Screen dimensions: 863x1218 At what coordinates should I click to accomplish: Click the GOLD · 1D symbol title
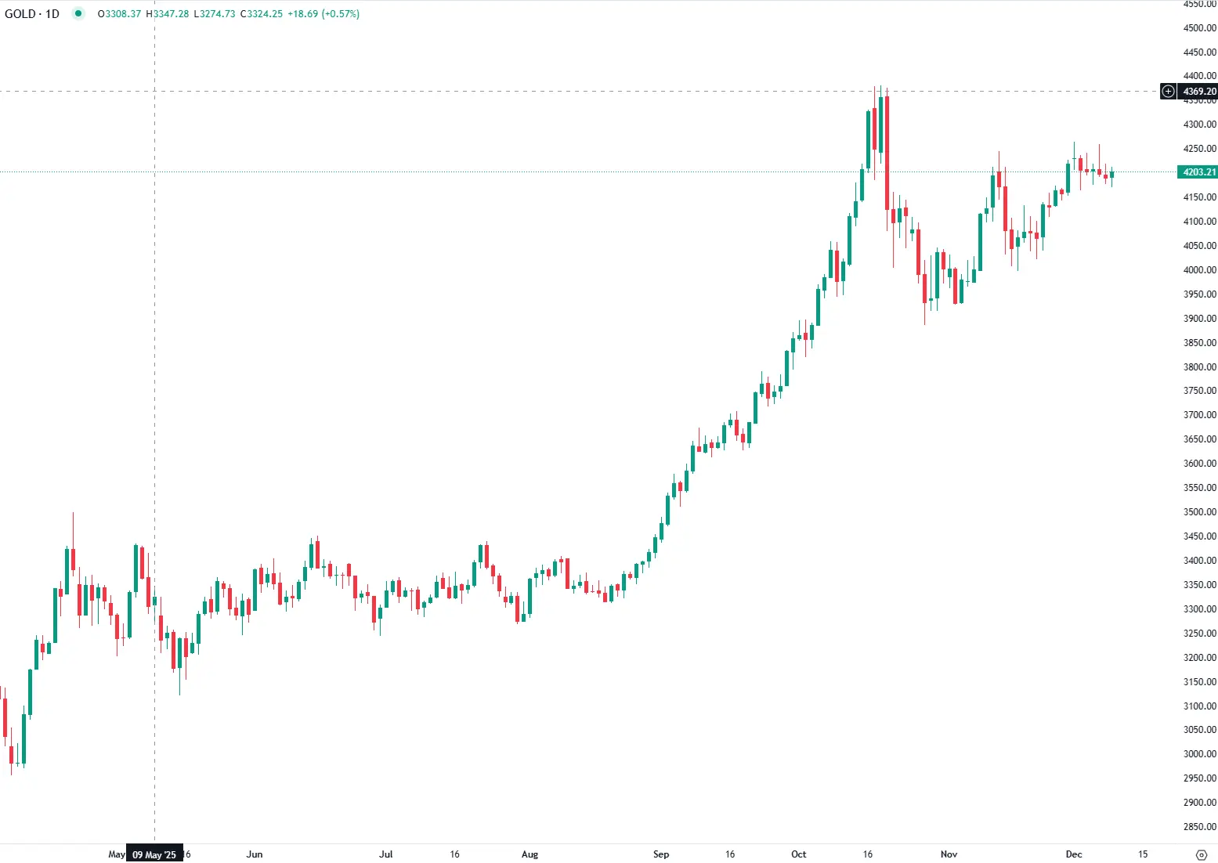click(x=32, y=14)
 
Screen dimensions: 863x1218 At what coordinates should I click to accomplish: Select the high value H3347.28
click(x=167, y=14)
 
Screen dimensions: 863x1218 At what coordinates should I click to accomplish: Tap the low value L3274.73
click(x=214, y=14)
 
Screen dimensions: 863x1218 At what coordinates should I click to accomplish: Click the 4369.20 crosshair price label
click(x=1198, y=92)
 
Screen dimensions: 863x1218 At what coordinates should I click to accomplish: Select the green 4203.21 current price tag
click(x=1198, y=172)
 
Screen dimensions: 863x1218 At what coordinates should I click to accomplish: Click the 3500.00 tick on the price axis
click(x=1199, y=512)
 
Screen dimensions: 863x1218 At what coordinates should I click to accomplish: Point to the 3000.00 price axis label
click(x=1199, y=754)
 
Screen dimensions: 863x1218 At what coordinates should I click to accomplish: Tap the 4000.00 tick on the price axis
click(x=1199, y=270)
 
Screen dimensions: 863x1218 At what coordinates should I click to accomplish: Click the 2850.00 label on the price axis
click(x=1199, y=827)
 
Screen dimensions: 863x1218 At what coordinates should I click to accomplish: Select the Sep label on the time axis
click(x=660, y=854)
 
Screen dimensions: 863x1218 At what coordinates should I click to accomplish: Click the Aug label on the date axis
click(x=529, y=854)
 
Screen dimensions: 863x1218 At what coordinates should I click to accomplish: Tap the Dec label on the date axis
click(x=1074, y=854)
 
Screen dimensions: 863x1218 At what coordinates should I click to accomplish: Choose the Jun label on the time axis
click(x=254, y=854)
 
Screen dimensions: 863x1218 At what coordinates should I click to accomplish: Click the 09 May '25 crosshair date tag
click(x=154, y=854)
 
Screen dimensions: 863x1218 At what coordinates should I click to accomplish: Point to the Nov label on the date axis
click(x=949, y=854)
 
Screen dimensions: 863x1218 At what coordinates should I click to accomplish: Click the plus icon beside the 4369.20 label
click(x=1168, y=92)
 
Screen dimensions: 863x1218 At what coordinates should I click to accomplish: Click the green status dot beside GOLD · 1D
click(x=78, y=13)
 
